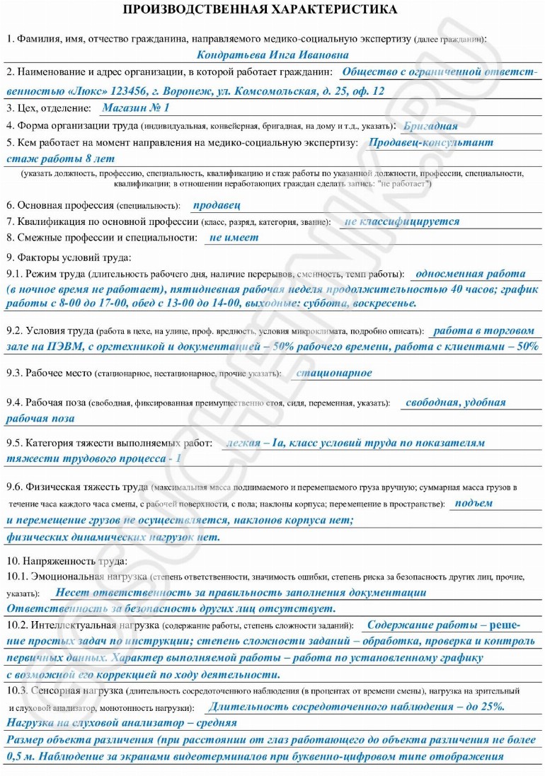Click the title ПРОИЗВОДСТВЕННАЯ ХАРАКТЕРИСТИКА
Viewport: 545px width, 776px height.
click(x=260, y=9)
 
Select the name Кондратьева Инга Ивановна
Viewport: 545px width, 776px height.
click(x=272, y=54)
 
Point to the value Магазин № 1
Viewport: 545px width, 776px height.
click(x=136, y=108)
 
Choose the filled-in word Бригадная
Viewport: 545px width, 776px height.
click(x=430, y=126)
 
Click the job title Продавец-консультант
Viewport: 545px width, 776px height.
click(x=431, y=142)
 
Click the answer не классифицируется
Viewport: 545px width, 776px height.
click(x=401, y=221)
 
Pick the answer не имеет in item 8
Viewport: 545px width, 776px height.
click(x=234, y=238)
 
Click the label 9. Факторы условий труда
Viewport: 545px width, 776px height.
click(x=69, y=256)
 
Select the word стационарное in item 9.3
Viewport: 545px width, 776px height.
click(x=333, y=373)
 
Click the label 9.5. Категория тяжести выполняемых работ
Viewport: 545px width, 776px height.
click(x=109, y=444)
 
